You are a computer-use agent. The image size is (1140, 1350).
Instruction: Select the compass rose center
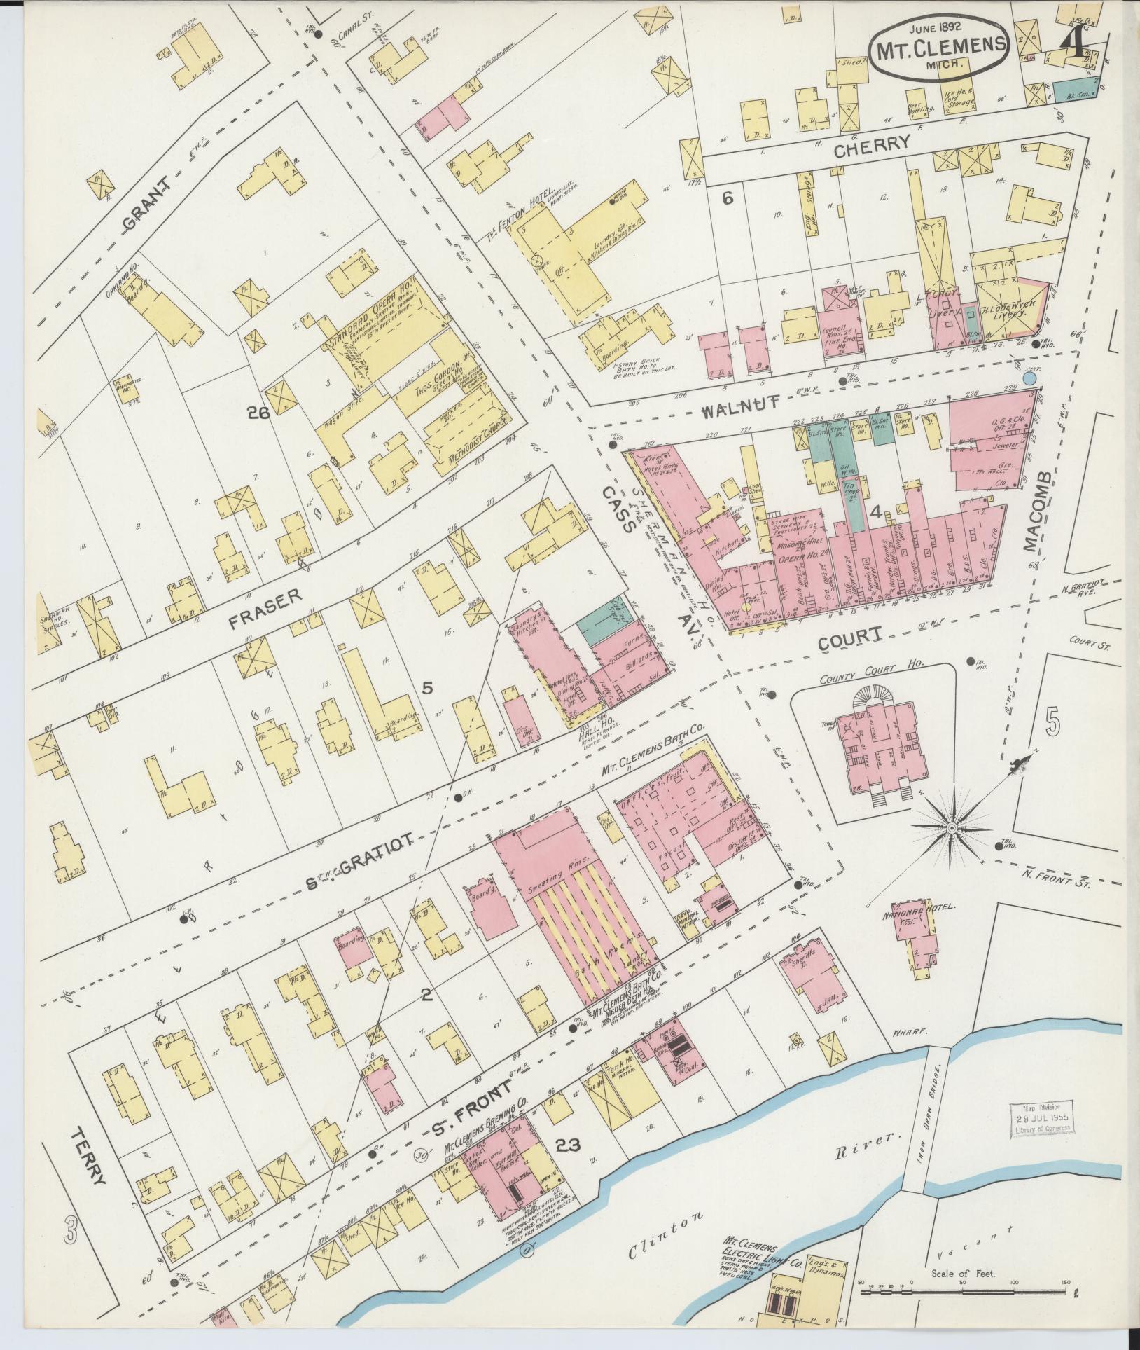[x=951, y=828]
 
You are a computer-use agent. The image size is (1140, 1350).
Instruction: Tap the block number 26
[x=258, y=413]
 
